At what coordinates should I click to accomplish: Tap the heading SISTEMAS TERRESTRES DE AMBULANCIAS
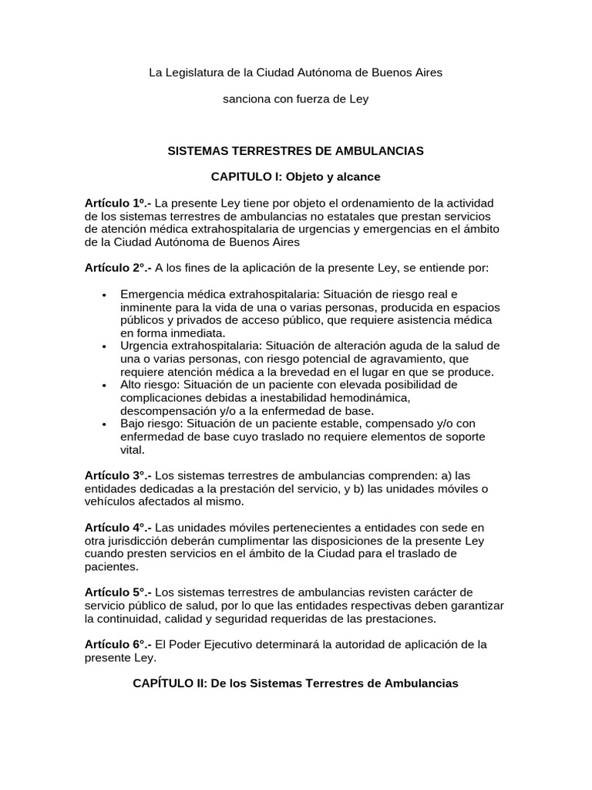296,150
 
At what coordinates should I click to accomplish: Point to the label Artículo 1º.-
118,203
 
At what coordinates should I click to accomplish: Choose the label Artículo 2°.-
118,268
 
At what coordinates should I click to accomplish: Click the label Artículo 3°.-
118,476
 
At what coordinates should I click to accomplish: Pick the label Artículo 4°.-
118,528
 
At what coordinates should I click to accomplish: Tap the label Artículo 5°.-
118,592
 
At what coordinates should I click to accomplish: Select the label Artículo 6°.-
118,644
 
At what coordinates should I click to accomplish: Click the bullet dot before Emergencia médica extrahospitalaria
103,295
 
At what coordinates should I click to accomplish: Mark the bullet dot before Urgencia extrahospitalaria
103,346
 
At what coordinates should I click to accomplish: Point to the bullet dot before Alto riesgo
103,385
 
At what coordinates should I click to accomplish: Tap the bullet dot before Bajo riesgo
103,424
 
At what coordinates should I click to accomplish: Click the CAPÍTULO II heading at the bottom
296,684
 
